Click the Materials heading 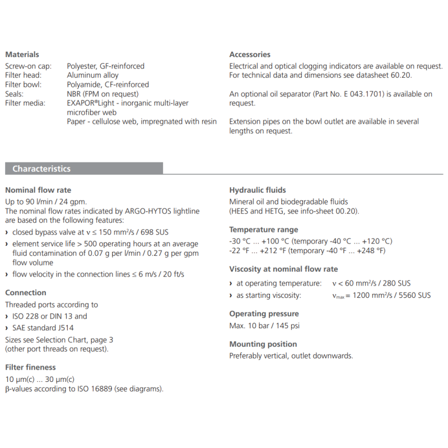tap(22, 54)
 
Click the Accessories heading tap(250, 54)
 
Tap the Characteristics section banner tap(41, 169)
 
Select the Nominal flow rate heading tap(38, 190)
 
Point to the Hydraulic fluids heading tap(258, 190)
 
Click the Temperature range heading tap(264, 230)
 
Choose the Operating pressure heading tap(264, 314)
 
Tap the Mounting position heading tap(263, 344)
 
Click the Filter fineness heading tap(30, 367)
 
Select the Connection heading tap(26, 292)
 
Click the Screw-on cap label tap(28, 66)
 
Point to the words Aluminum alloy tap(92, 75)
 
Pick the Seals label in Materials tap(15, 94)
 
